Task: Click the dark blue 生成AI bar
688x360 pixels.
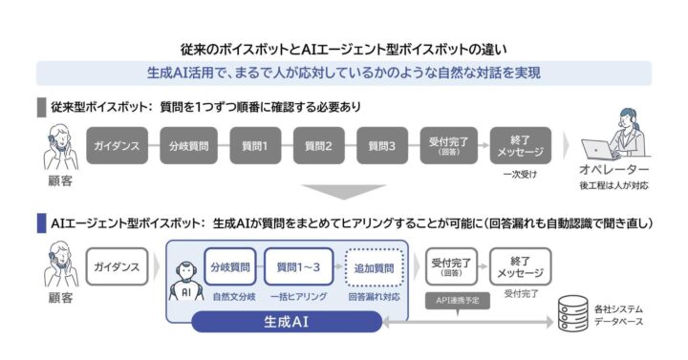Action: (x=287, y=323)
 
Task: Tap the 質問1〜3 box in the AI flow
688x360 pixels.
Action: (x=298, y=266)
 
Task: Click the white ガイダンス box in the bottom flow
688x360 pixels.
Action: (x=118, y=266)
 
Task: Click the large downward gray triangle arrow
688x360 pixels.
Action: (x=343, y=191)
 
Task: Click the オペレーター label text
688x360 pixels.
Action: (x=614, y=173)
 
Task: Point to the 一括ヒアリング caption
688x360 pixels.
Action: (x=298, y=297)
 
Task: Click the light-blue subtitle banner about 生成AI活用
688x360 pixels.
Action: (x=344, y=73)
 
